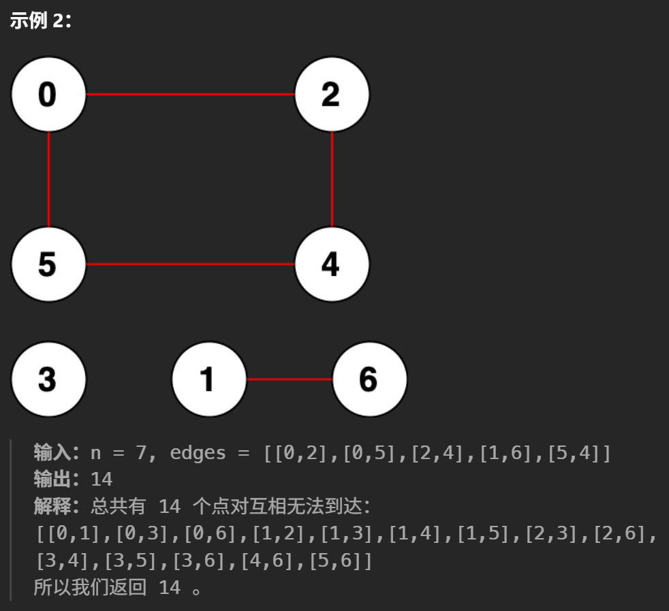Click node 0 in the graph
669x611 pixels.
click(48, 94)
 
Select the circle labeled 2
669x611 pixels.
click(332, 94)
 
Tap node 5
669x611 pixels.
click(48, 264)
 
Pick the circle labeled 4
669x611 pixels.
click(332, 264)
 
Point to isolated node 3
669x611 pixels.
click(48, 379)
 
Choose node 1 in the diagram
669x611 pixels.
click(208, 379)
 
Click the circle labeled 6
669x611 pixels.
click(369, 379)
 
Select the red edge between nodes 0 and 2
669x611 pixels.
click(190, 94)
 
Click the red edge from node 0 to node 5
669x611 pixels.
click(49, 179)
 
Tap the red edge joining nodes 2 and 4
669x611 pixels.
click(332, 179)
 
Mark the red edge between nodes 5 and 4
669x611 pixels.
click(190, 264)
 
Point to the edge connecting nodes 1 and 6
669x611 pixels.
click(289, 379)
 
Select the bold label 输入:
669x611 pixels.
click(57, 452)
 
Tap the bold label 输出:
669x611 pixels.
click(57, 479)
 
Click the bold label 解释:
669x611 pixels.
click(57, 506)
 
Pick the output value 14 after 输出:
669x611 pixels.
click(102, 480)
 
